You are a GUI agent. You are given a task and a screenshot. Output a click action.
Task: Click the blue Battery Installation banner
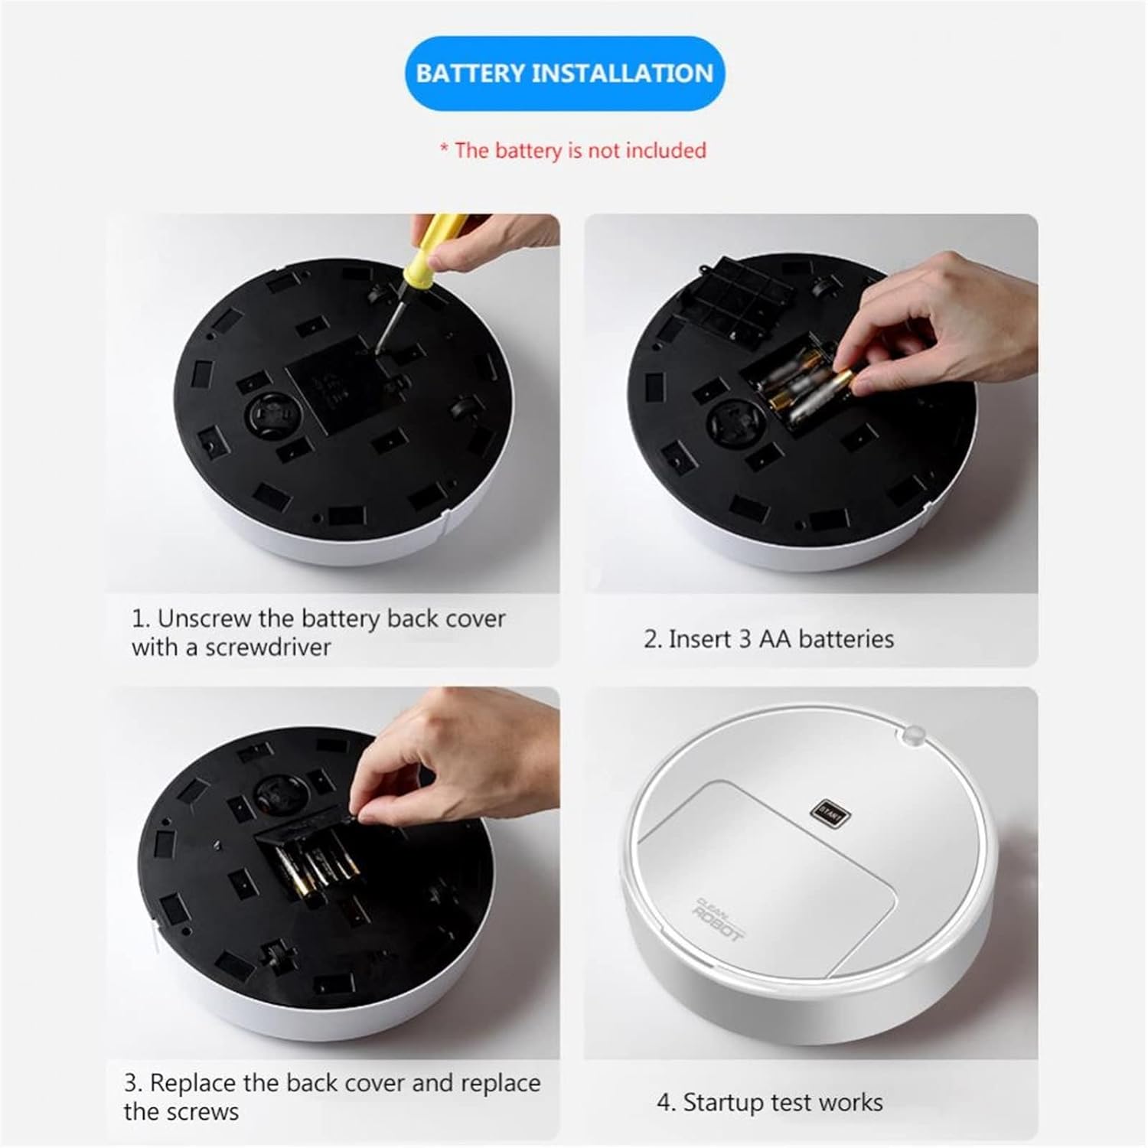pyautogui.click(x=565, y=73)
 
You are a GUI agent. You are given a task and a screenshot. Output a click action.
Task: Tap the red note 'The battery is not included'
pyautogui.click(x=573, y=150)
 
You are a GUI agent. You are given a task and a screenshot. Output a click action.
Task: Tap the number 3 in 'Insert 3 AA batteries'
pyautogui.click(x=745, y=639)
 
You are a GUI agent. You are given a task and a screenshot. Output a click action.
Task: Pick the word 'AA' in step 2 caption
pyautogui.click(x=775, y=639)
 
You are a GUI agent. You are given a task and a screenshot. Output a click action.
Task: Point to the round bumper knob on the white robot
pyautogui.click(x=911, y=735)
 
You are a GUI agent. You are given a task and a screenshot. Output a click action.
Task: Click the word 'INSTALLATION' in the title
pyautogui.click(x=622, y=73)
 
